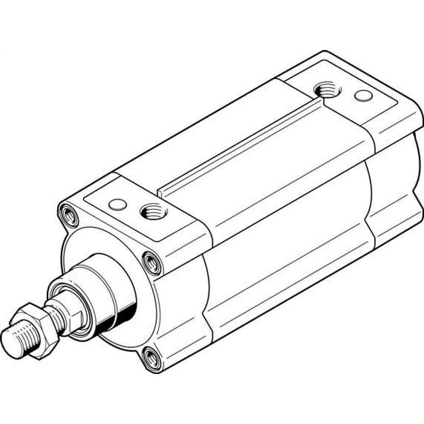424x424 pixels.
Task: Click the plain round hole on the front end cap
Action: [x=117, y=205]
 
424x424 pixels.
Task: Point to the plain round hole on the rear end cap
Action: [x=363, y=96]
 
